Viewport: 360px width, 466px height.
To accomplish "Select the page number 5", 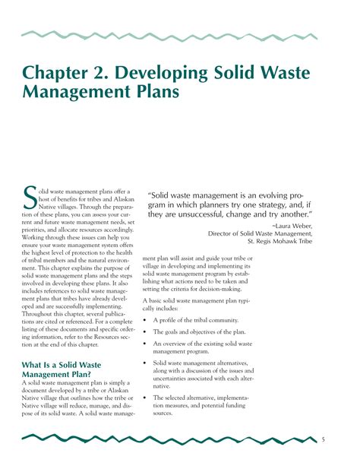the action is coord(323,439).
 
